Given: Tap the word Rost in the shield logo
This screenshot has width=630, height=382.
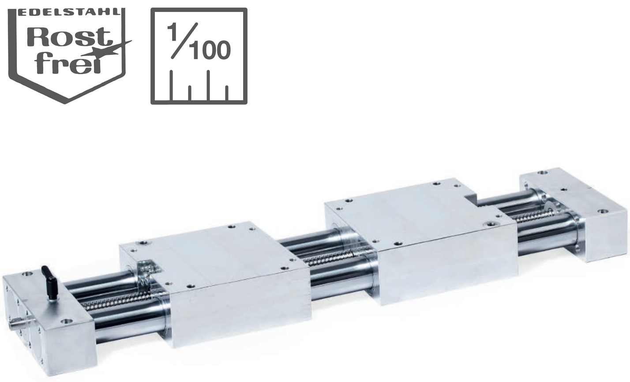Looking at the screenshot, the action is [67, 38].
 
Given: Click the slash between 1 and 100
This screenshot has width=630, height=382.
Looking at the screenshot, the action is [185, 40].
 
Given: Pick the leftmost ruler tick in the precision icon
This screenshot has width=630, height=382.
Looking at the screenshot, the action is [171, 85].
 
